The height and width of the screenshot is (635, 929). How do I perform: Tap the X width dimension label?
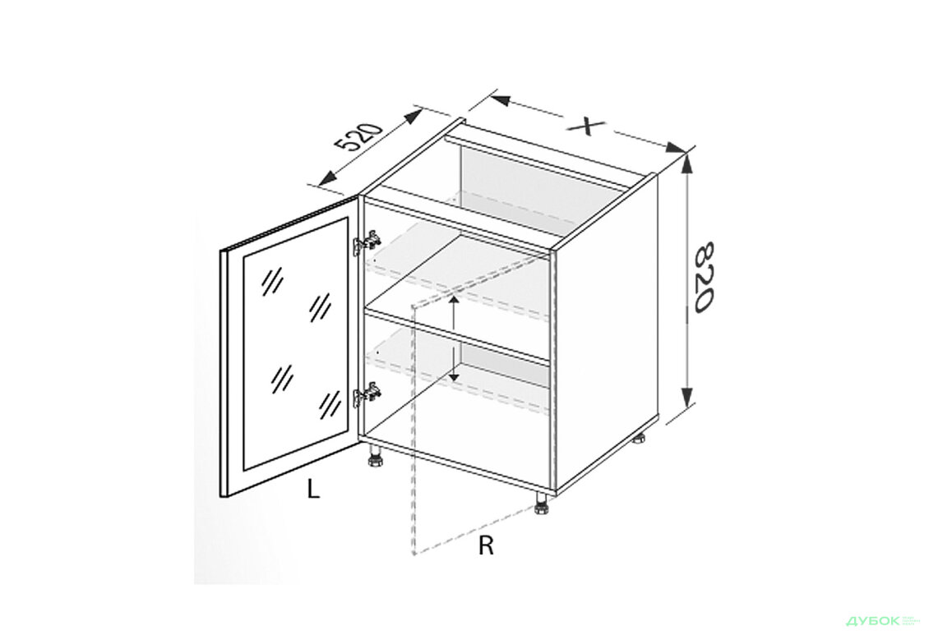586,126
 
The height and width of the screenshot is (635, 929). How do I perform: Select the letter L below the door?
313,489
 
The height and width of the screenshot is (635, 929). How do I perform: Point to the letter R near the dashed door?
486,545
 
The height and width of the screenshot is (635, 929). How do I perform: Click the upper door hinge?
366,242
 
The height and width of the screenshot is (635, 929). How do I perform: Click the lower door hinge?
366,395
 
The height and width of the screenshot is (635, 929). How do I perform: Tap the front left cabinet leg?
374,456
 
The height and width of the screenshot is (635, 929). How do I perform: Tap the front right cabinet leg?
542,504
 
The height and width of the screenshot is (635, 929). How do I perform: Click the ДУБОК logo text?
873,620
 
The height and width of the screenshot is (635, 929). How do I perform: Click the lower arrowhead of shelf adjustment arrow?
454,375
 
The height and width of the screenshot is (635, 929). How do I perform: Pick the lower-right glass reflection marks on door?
330,405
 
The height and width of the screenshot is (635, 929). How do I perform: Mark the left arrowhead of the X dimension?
500,100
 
